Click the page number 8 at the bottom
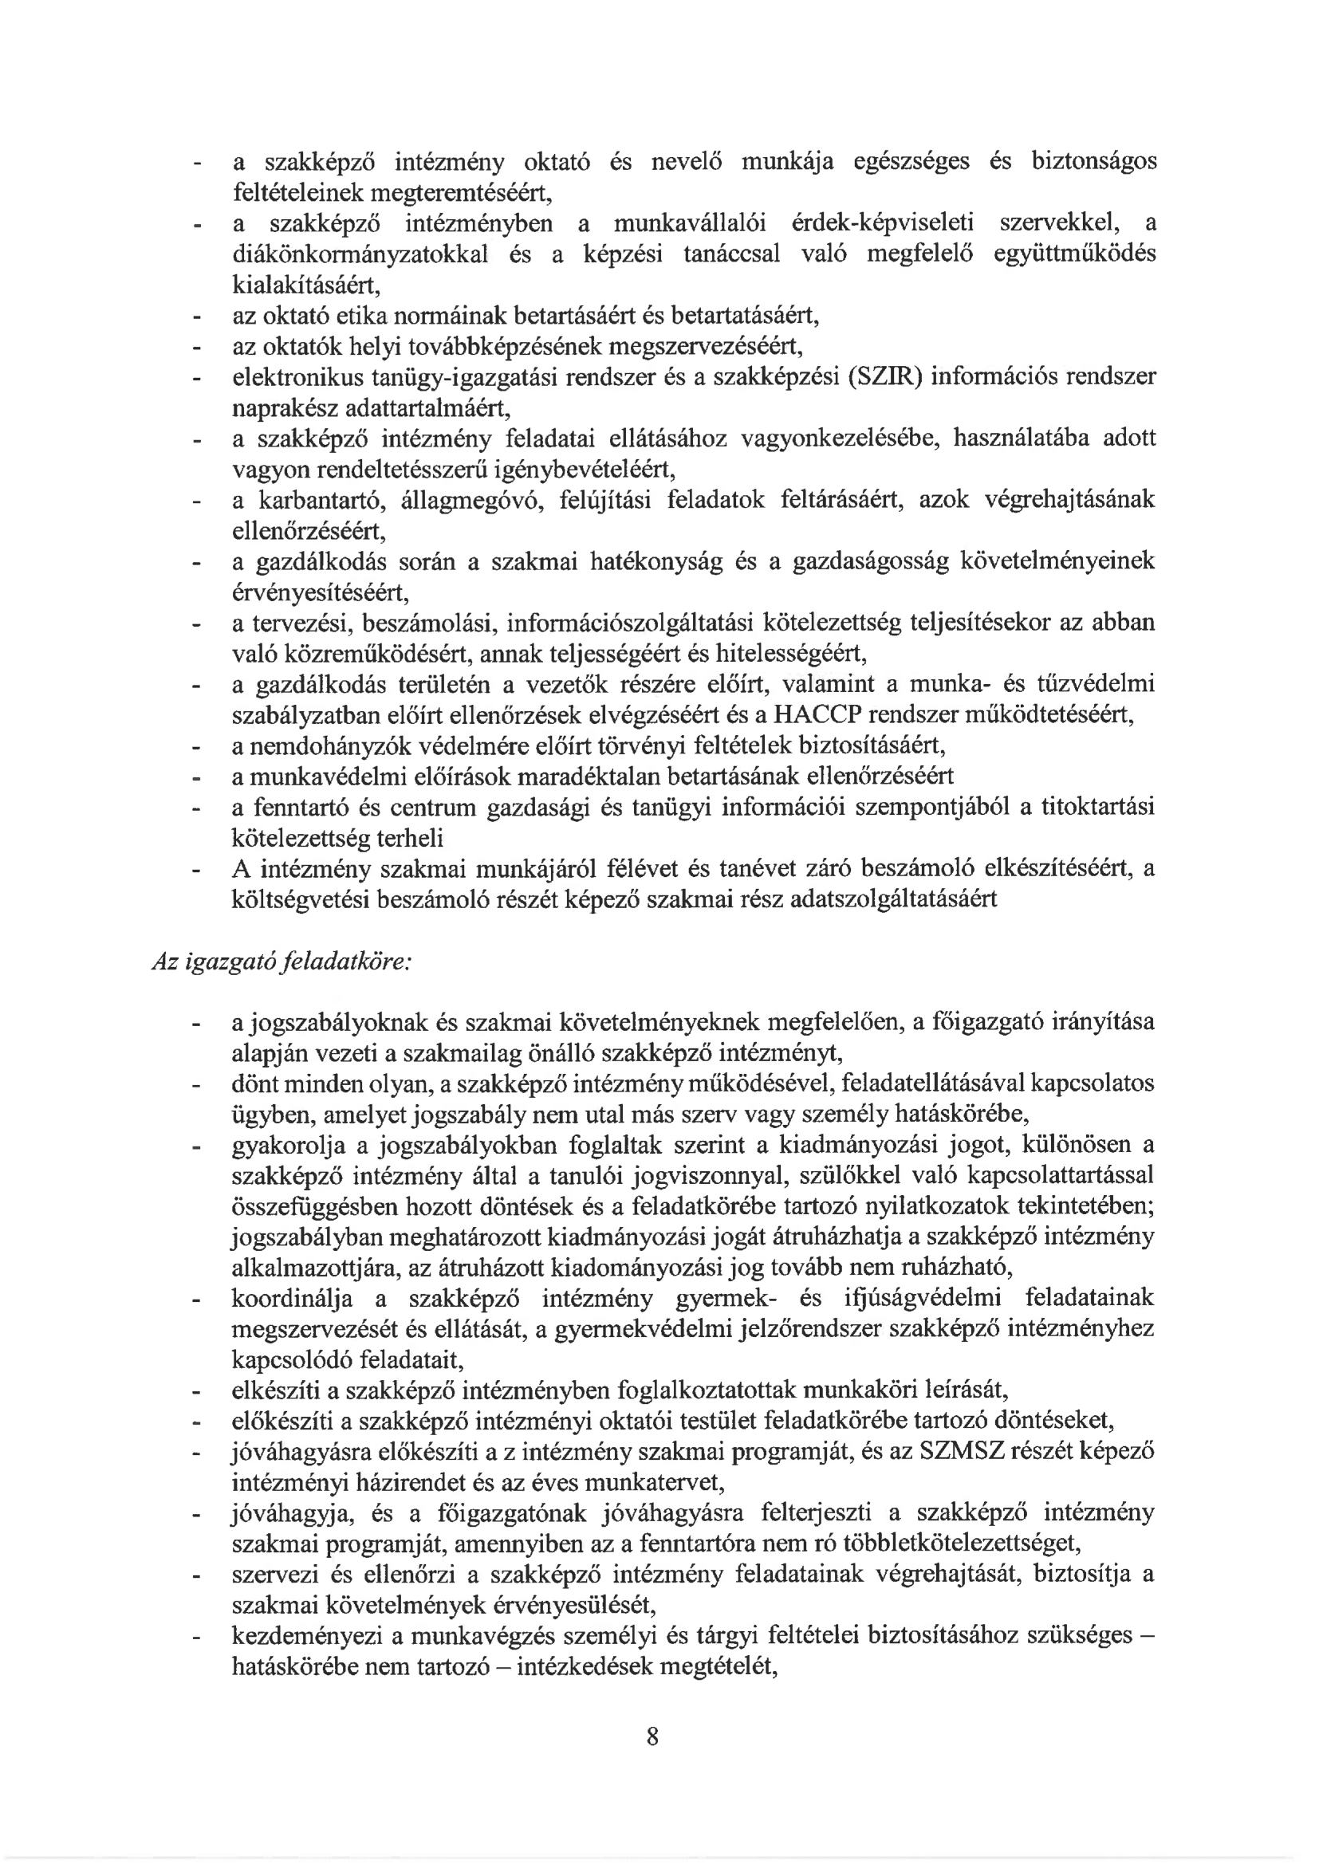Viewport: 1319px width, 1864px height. tap(652, 1736)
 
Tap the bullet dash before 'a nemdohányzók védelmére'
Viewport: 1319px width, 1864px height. tap(195, 746)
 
